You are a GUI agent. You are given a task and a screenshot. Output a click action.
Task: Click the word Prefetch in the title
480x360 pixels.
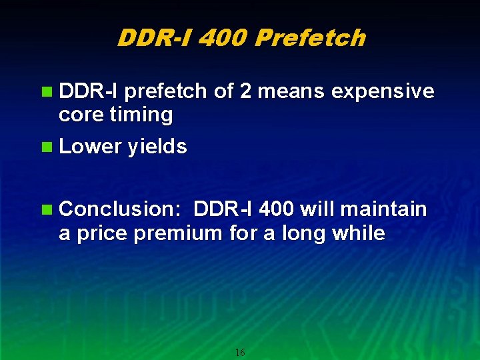point(310,38)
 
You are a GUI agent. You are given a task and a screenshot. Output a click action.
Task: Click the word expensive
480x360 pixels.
point(379,91)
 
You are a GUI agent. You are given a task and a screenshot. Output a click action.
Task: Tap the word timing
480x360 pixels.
point(141,115)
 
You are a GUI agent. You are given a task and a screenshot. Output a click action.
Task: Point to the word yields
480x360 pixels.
point(158,147)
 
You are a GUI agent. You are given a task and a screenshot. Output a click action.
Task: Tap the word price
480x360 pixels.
point(104,233)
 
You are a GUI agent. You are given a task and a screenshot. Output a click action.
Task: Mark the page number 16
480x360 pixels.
point(240,352)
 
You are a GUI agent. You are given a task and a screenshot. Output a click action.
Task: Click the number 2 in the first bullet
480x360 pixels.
point(245,91)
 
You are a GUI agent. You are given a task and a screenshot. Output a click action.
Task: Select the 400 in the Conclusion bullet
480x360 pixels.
point(275,209)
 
